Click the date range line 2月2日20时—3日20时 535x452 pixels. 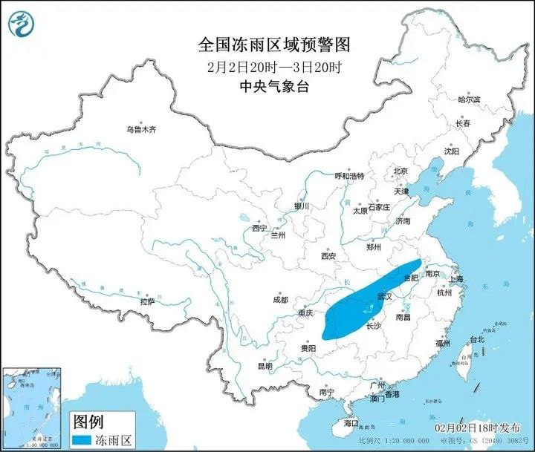[267, 66]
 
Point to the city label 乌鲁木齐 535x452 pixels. [141, 129]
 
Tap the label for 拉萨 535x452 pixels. [148, 301]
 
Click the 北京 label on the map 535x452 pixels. [401, 171]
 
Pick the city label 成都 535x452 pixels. [280, 300]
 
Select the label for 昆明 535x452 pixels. [265, 366]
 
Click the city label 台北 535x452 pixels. [477, 340]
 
